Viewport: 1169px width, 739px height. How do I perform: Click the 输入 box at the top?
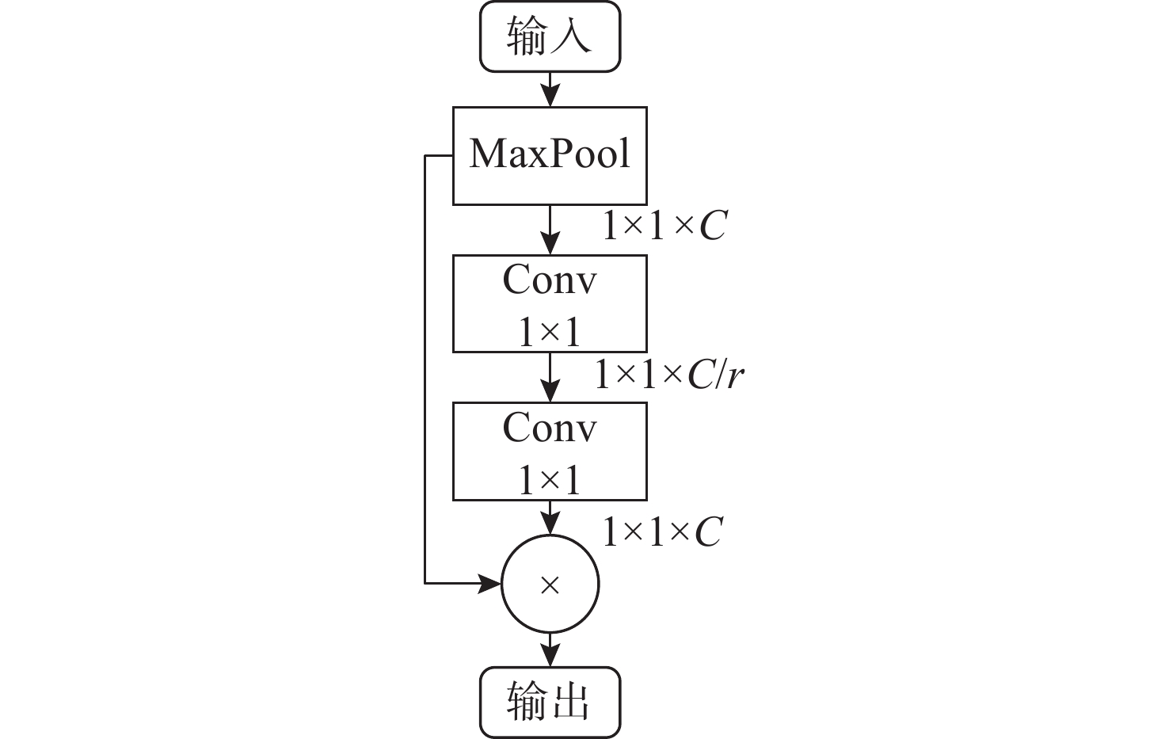coord(550,37)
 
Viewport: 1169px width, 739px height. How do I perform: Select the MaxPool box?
coord(550,155)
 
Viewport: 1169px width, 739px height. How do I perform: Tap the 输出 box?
coord(550,703)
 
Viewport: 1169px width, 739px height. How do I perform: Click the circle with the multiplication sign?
coord(550,585)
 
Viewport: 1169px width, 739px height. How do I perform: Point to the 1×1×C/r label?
coord(669,375)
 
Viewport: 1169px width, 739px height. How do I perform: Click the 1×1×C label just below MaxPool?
coord(664,226)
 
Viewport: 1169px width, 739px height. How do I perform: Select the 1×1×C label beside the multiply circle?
coord(662,531)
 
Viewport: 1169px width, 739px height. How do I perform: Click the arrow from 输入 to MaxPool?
coord(550,89)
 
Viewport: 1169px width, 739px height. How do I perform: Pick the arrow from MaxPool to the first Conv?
coord(550,230)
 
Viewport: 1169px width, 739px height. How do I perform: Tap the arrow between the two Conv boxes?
coord(550,377)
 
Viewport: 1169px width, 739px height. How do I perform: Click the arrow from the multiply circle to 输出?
coord(550,649)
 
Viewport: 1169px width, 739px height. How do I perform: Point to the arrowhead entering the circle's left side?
coord(491,584)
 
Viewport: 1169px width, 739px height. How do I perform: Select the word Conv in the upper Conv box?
coord(550,280)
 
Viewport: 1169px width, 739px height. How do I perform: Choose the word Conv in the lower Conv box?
coord(550,429)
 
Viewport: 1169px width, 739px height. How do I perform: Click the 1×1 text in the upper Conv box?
coord(550,331)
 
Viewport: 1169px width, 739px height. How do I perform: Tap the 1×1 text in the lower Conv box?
coord(550,480)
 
